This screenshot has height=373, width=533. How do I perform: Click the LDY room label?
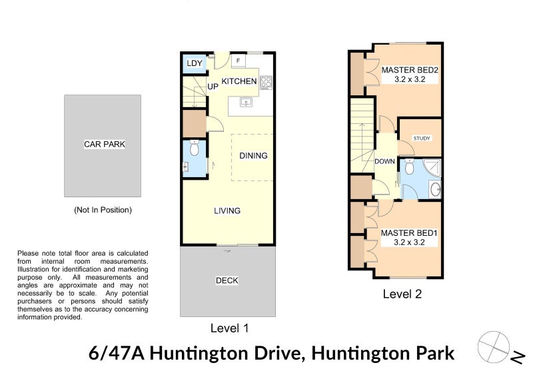coord(195,63)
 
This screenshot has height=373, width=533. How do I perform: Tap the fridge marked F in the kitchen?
coord(239,61)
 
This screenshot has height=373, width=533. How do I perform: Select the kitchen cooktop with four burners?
coord(266,82)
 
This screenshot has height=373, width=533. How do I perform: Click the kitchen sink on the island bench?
coord(246,102)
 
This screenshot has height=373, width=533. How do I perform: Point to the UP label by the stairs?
coord(213,87)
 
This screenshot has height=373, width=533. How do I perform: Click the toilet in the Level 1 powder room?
coord(194,148)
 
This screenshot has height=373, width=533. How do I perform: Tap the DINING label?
coord(253,156)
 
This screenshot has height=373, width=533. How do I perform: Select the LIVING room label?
coord(227,210)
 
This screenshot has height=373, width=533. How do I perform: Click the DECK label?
coord(227,280)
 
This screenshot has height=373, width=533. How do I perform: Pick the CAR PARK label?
coord(105,145)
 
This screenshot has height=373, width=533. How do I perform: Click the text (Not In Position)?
coord(103,210)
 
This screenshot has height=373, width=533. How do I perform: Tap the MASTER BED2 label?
coord(410,70)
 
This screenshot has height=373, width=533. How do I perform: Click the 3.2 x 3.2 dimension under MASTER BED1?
coord(409,242)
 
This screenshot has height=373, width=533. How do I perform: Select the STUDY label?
coord(422,139)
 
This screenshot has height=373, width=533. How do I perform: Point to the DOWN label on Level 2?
coord(384,161)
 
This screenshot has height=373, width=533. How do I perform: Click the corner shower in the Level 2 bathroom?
coord(432,168)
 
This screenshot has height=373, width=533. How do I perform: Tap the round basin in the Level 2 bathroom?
coord(435,190)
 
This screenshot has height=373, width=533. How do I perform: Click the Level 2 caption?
coord(402,294)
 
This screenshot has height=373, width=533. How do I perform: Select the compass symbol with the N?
coord(500,348)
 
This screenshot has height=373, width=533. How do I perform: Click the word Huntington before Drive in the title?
coord(199,353)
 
